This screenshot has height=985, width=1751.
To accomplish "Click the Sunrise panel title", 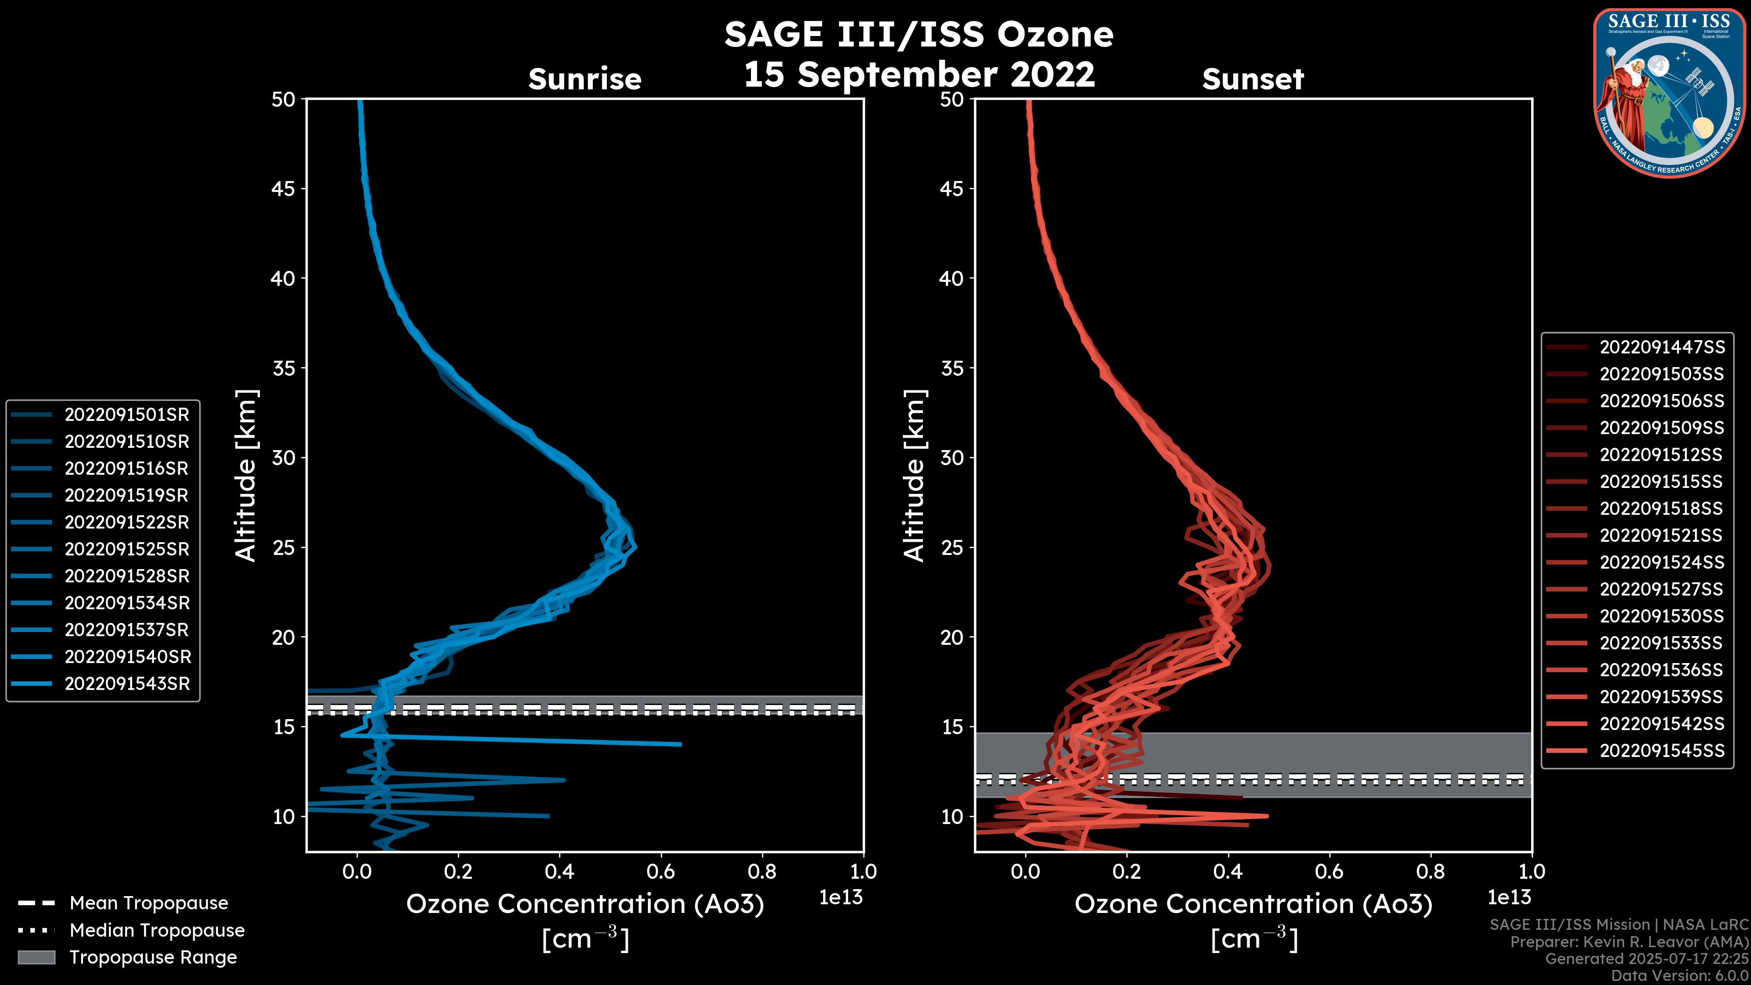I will (585, 79).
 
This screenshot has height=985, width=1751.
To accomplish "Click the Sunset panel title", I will (1253, 79).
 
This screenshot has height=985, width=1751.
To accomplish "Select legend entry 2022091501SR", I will (126, 415).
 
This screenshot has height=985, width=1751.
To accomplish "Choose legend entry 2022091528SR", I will (126, 576).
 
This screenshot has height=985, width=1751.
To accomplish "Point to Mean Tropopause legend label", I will (149, 903).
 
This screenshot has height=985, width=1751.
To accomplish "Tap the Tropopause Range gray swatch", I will (36, 957).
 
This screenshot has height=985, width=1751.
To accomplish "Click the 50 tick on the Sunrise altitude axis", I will (284, 99).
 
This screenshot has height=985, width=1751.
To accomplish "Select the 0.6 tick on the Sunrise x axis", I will (661, 871).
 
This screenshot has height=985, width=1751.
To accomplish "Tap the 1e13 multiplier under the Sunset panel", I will (1509, 898).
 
